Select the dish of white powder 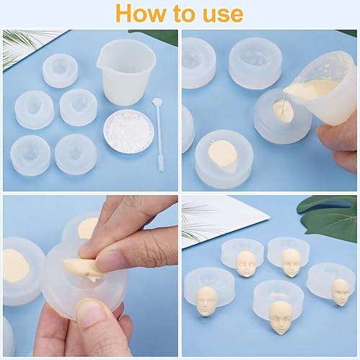coord(128,130)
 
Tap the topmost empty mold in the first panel coord(60,71)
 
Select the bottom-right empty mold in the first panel coord(76,153)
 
